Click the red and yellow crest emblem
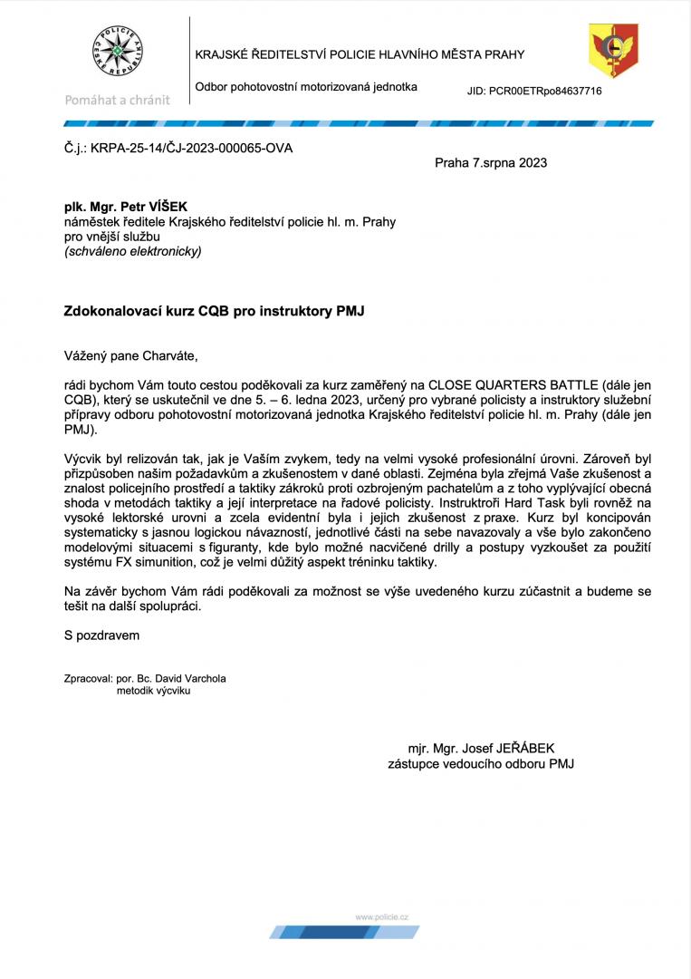[613, 51]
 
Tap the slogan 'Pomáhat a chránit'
[118, 100]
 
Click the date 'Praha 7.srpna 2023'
[491, 163]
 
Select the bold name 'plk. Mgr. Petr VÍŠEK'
[125, 208]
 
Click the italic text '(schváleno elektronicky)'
[132, 251]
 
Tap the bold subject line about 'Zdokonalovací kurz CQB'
[214, 310]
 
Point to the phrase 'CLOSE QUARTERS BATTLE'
[508, 383]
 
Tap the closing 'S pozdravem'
[102, 635]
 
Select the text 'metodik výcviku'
[154, 691]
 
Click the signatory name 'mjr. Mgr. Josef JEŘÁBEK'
[481, 749]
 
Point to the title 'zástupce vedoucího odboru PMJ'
[481, 764]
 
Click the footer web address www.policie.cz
[381, 917]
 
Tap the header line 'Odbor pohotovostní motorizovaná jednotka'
[306, 87]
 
